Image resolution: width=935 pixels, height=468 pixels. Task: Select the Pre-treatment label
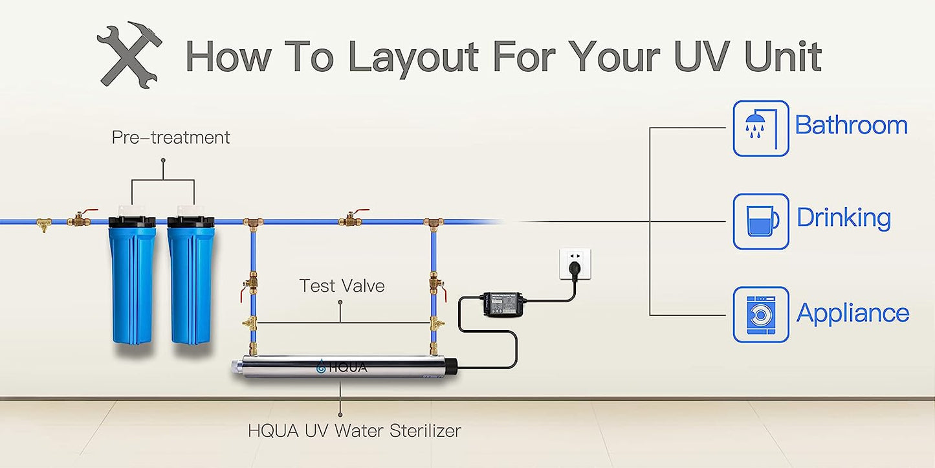171,137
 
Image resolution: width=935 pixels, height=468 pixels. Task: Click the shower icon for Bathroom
761,128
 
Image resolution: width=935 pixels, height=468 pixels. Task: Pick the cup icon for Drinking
761,221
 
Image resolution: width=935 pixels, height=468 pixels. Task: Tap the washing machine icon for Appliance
761,315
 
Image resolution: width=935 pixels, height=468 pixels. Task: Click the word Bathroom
851,124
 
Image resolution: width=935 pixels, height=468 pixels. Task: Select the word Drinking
844,218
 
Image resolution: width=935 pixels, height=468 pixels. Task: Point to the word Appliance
853,313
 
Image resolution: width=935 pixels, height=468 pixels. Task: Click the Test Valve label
342,285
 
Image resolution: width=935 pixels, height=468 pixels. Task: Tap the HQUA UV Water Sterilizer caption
355,430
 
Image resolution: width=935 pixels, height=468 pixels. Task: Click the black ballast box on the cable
506,304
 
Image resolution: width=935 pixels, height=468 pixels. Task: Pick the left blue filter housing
133,278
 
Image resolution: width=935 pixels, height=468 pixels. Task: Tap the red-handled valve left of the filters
82,217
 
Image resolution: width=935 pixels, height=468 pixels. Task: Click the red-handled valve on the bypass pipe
351,218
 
